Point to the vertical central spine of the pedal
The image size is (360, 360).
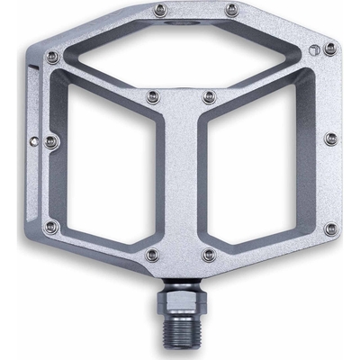coord(181,180)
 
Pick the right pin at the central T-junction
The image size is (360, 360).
coord(209,93)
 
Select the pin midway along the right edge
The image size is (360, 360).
coord(330,138)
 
